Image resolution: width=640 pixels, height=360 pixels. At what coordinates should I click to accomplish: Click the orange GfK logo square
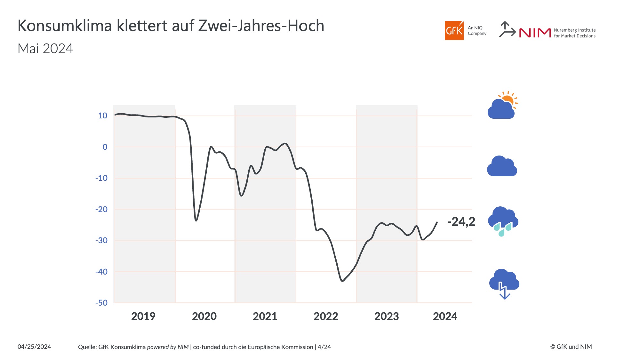pyautogui.click(x=454, y=31)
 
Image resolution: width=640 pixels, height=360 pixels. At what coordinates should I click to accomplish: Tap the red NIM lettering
pyautogui.click(x=535, y=33)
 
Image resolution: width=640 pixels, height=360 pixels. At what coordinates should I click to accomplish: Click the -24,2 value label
pyautogui.click(x=461, y=221)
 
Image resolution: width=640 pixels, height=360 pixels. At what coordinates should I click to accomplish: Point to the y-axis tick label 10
pyautogui.click(x=103, y=116)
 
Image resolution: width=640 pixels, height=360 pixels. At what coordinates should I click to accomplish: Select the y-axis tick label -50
pyautogui.click(x=101, y=303)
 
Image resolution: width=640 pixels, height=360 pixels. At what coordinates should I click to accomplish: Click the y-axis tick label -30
pyautogui.click(x=101, y=240)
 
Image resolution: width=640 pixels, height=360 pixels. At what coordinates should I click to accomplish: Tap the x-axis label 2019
pyautogui.click(x=143, y=316)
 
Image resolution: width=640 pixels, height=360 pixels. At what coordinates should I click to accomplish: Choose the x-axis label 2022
pyautogui.click(x=326, y=316)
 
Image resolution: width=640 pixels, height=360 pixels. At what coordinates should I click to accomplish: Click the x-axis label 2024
pyautogui.click(x=445, y=316)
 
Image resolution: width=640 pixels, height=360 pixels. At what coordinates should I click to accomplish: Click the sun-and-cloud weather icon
pyautogui.click(x=502, y=106)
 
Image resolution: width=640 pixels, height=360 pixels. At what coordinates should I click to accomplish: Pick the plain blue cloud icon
pyautogui.click(x=502, y=166)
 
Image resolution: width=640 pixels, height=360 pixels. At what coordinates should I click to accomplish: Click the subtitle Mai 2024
pyautogui.click(x=45, y=49)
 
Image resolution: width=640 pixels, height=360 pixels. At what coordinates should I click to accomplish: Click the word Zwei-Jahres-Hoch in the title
pyautogui.click(x=261, y=26)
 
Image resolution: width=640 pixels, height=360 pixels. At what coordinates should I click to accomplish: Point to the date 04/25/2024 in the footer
pyautogui.click(x=34, y=347)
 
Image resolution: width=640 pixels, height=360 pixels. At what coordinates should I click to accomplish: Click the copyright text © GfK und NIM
pyautogui.click(x=571, y=347)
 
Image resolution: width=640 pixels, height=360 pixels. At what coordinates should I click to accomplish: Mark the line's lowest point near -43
pyautogui.click(x=342, y=281)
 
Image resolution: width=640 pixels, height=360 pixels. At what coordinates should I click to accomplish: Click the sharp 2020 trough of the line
pyautogui.click(x=196, y=220)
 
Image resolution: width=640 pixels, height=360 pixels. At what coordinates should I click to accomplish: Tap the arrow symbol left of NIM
pyautogui.click(x=507, y=30)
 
